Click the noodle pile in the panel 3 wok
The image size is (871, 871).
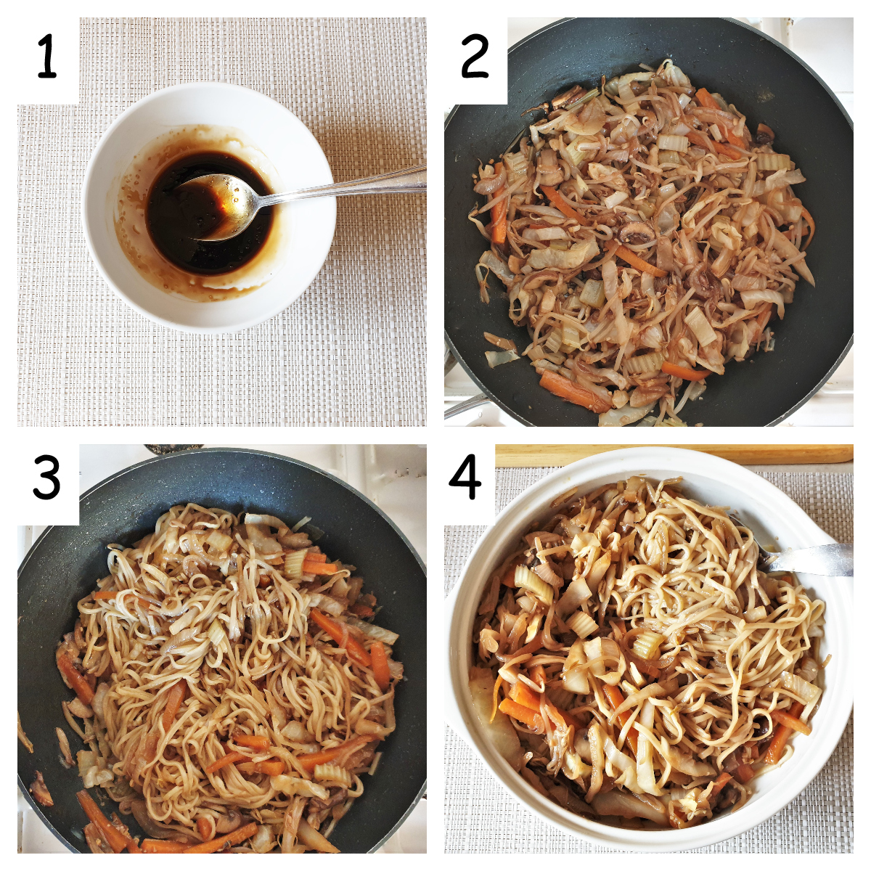240,653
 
